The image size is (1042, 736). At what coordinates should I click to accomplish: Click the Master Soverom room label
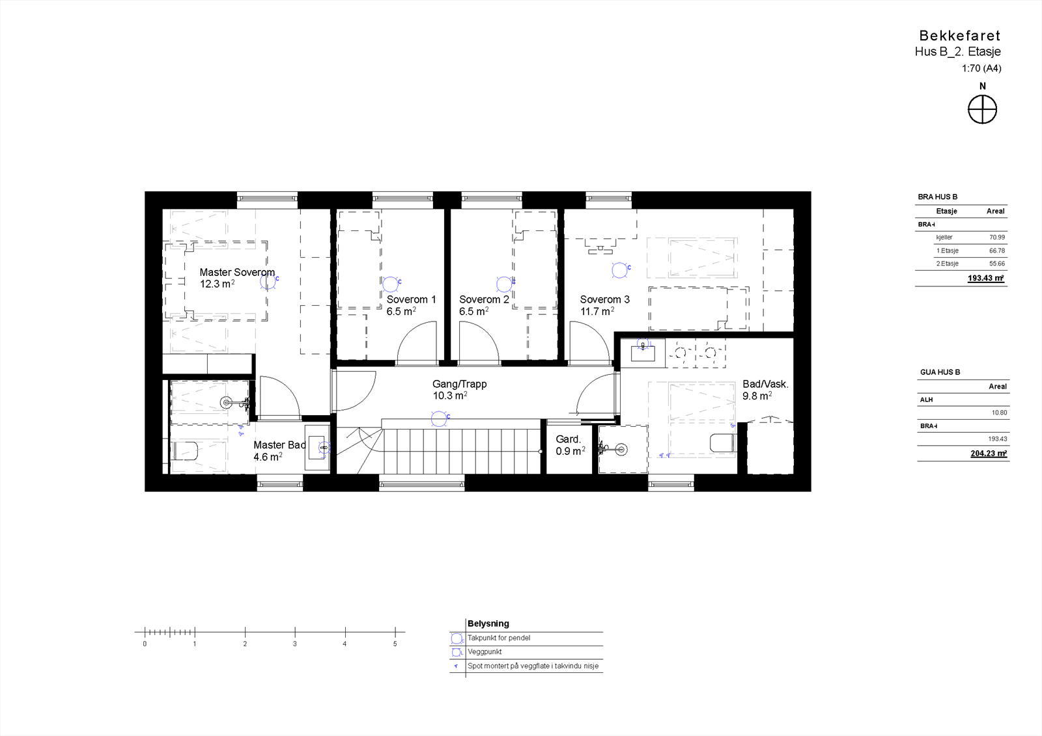point(237,272)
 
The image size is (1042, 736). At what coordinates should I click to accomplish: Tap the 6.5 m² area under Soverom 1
point(401,312)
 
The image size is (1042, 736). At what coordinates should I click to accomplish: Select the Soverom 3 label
point(604,299)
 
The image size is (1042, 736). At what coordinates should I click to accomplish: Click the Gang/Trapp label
point(459,384)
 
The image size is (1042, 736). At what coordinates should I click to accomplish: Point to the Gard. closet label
point(568,439)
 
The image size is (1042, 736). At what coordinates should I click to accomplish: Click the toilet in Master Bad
point(185,450)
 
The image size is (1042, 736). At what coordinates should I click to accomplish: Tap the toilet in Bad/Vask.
point(722,443)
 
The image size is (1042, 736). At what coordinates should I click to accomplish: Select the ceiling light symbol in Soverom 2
point(503,284)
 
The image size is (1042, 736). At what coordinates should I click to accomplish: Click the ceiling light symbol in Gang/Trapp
point(440,419)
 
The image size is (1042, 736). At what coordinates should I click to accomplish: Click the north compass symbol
point(982,109)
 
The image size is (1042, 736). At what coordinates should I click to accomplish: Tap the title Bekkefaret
point(959,36)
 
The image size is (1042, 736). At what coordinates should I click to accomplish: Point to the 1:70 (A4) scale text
point(981,68)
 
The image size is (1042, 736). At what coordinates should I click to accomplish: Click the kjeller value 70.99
point(996,238)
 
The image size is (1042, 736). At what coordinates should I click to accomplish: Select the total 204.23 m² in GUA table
point(988,454)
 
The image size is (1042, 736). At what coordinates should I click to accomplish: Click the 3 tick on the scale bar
point(295,631)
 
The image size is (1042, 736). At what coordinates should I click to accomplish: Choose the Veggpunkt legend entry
point(485,651)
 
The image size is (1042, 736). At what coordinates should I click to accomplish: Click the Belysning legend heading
point(488,623)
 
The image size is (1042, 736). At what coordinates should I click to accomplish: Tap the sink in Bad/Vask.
point(642,353)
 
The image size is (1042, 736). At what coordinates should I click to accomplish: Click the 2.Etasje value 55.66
point(996,264)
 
